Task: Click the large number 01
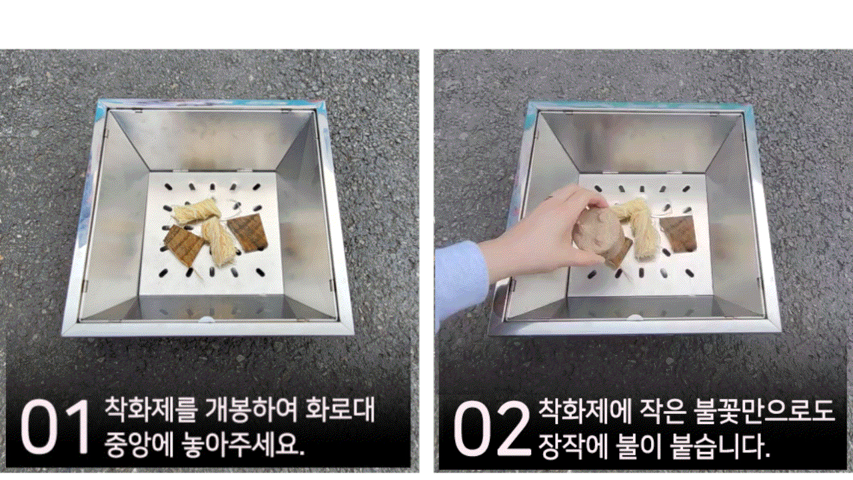(56, 427)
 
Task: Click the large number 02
(492, 428)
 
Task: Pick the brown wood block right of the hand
(678, 233)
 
